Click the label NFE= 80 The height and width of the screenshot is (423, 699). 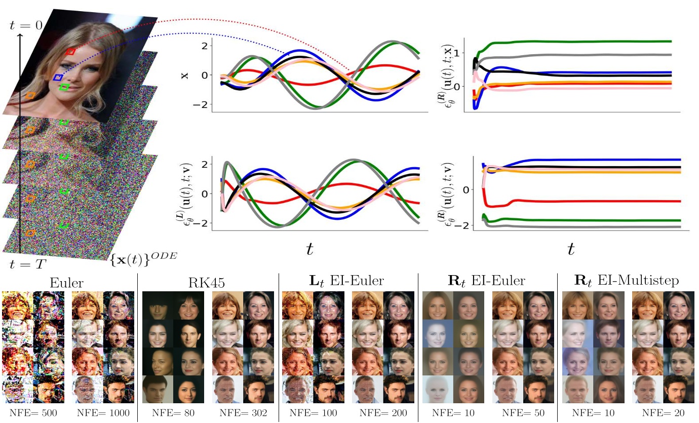point(173,412)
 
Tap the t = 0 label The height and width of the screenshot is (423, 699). point(25,25)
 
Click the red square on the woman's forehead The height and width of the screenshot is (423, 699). point(71,52)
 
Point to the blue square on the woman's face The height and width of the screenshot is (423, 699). point(58,78)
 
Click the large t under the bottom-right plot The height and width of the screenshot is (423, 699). point(571,248)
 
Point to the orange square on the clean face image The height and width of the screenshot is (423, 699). point(30,95)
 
